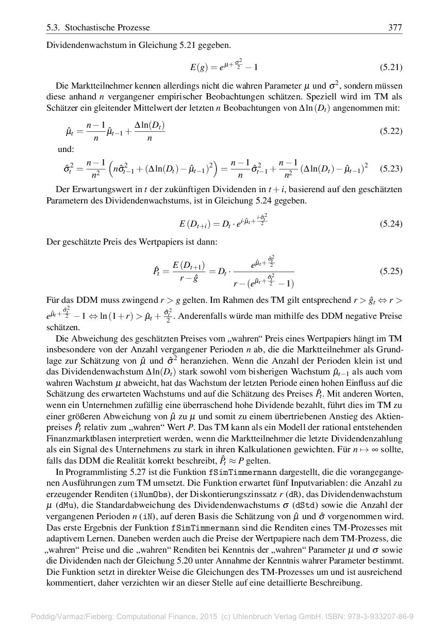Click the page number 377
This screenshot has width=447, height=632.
[395, 28]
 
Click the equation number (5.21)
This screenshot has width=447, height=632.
[391, 67]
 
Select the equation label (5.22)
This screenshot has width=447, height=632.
[391, 131]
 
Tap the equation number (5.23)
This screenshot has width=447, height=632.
[391, 168]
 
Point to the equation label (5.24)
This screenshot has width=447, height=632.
[391, 224]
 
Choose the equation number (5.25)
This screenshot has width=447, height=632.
[391, 270]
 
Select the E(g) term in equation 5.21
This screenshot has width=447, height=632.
[198, 67]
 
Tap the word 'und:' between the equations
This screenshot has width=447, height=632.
[67, 149]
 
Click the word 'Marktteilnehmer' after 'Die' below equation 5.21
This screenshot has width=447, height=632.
[97, 86]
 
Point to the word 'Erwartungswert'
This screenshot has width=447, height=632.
[87, 190]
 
